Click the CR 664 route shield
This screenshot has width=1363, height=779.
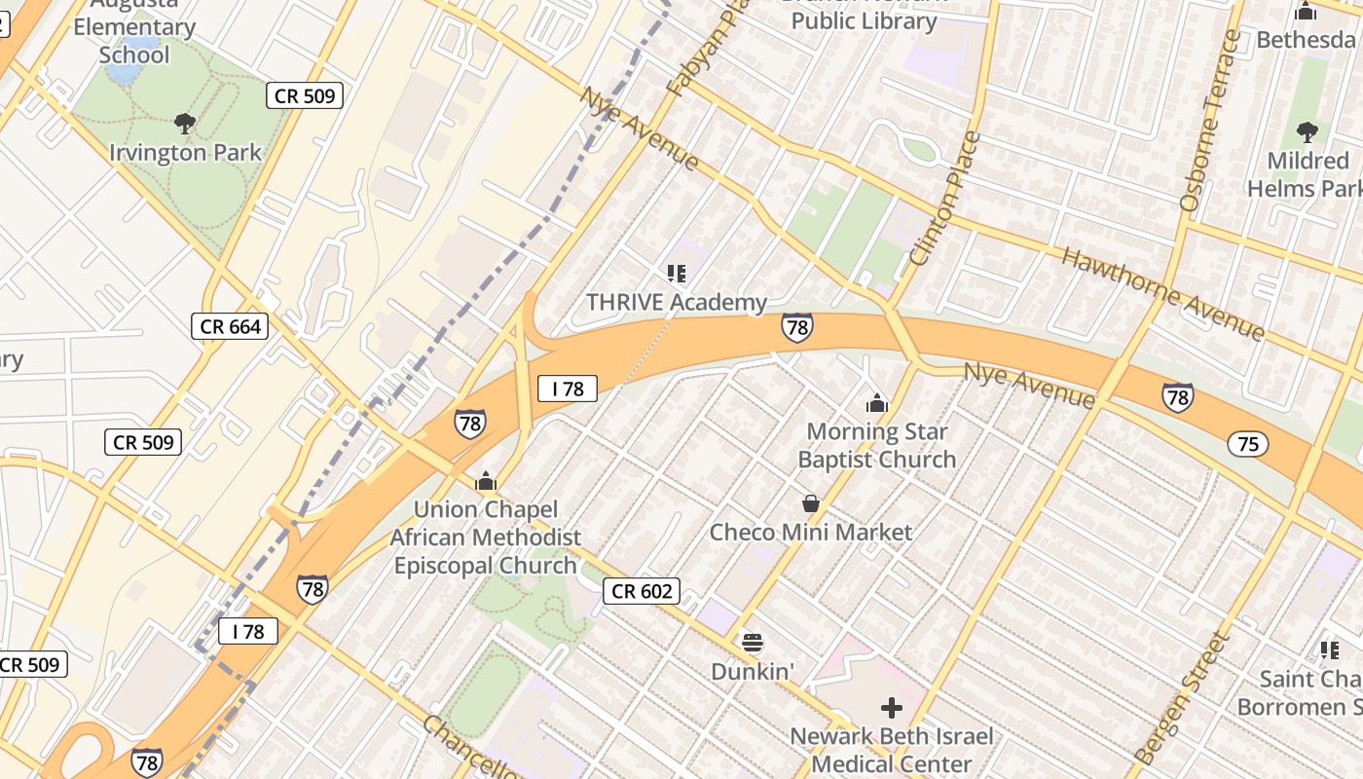coord(231,326)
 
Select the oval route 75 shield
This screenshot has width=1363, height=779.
coord(1248,444)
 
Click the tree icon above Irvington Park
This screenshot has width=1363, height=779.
coord(184,124)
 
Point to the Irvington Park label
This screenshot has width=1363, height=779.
coord(185,153)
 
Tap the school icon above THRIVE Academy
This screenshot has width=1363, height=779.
coord(677,274)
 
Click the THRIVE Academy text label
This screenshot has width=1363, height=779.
coord(677,303)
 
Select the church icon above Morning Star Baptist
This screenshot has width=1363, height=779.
coord(877,403)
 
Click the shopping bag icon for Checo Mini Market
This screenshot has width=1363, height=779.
coord(810,503)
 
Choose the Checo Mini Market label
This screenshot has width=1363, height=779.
coord(810,533)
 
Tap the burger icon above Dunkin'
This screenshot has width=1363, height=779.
coord(752,643)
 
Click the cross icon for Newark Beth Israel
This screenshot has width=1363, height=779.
coord(891,708)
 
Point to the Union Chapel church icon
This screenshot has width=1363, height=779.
coord(485,481)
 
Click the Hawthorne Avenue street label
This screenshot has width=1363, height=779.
coord(1162,293)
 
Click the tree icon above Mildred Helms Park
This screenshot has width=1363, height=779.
coord(1308,131)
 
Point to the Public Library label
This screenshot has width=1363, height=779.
coord(864,20)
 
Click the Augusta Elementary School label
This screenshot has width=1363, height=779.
coord(133,29)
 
